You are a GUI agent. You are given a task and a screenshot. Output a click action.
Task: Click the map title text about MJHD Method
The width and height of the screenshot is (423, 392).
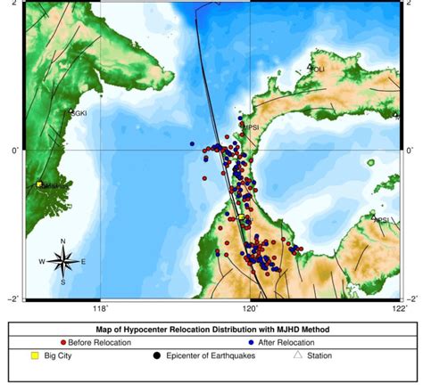(211, 329)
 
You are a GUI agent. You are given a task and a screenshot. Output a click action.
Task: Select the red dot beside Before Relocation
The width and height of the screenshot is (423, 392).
(62, 342)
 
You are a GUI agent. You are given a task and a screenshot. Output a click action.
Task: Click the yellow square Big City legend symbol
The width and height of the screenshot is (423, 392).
(34, 355)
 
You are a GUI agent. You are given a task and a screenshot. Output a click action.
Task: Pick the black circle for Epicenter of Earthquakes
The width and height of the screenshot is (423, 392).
(156, 355)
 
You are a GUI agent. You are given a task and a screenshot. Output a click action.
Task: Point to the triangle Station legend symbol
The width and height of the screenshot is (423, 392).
(298, 355)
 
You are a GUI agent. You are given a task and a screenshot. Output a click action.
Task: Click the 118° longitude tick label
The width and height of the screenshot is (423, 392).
(100, 308)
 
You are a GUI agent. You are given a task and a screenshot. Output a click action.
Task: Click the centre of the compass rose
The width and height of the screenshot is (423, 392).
(62, 262)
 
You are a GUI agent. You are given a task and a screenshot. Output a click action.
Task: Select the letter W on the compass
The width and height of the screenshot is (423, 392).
(42, 262)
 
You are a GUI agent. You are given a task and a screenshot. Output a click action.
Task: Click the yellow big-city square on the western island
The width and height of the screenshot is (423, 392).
(39, 185)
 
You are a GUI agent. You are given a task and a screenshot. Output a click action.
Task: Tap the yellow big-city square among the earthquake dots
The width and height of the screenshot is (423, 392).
(241, 216)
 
